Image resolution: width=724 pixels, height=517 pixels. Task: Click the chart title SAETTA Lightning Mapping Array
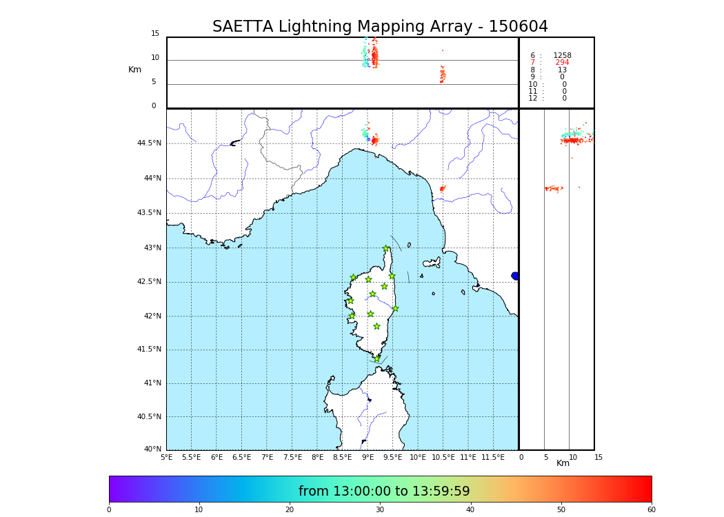[380, 27]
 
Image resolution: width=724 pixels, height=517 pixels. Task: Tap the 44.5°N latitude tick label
[149, 143]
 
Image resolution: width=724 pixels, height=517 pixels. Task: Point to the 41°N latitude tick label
[152, 383]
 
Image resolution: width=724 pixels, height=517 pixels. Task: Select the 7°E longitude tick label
[267, 457]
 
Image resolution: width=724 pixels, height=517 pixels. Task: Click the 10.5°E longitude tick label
[443, 457]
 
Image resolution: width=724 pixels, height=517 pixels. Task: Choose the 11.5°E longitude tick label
[493, 457]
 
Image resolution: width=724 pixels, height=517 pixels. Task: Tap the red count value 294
[562, 63]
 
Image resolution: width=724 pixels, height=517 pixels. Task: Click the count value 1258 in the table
[562, 56]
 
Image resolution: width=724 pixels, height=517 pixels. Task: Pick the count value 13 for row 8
[562, 70]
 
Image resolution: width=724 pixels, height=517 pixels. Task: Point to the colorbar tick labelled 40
[470, 510]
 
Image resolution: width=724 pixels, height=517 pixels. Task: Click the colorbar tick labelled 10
[199, 510]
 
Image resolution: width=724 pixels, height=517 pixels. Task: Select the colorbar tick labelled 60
[651, 510]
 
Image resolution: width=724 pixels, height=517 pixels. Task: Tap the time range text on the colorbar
[384, 491]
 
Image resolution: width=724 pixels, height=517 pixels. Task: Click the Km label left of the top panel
[134, 70]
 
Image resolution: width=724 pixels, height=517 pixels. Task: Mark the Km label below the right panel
[563, 463]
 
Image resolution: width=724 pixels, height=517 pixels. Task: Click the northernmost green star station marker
[386, 249]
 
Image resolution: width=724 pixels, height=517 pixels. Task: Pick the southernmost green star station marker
[376, 358]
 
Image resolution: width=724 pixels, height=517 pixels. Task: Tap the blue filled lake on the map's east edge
[514, 276]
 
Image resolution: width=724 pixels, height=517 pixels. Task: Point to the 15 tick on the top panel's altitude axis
[155, 34]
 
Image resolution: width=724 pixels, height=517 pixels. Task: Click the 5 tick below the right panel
[545, 457]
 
